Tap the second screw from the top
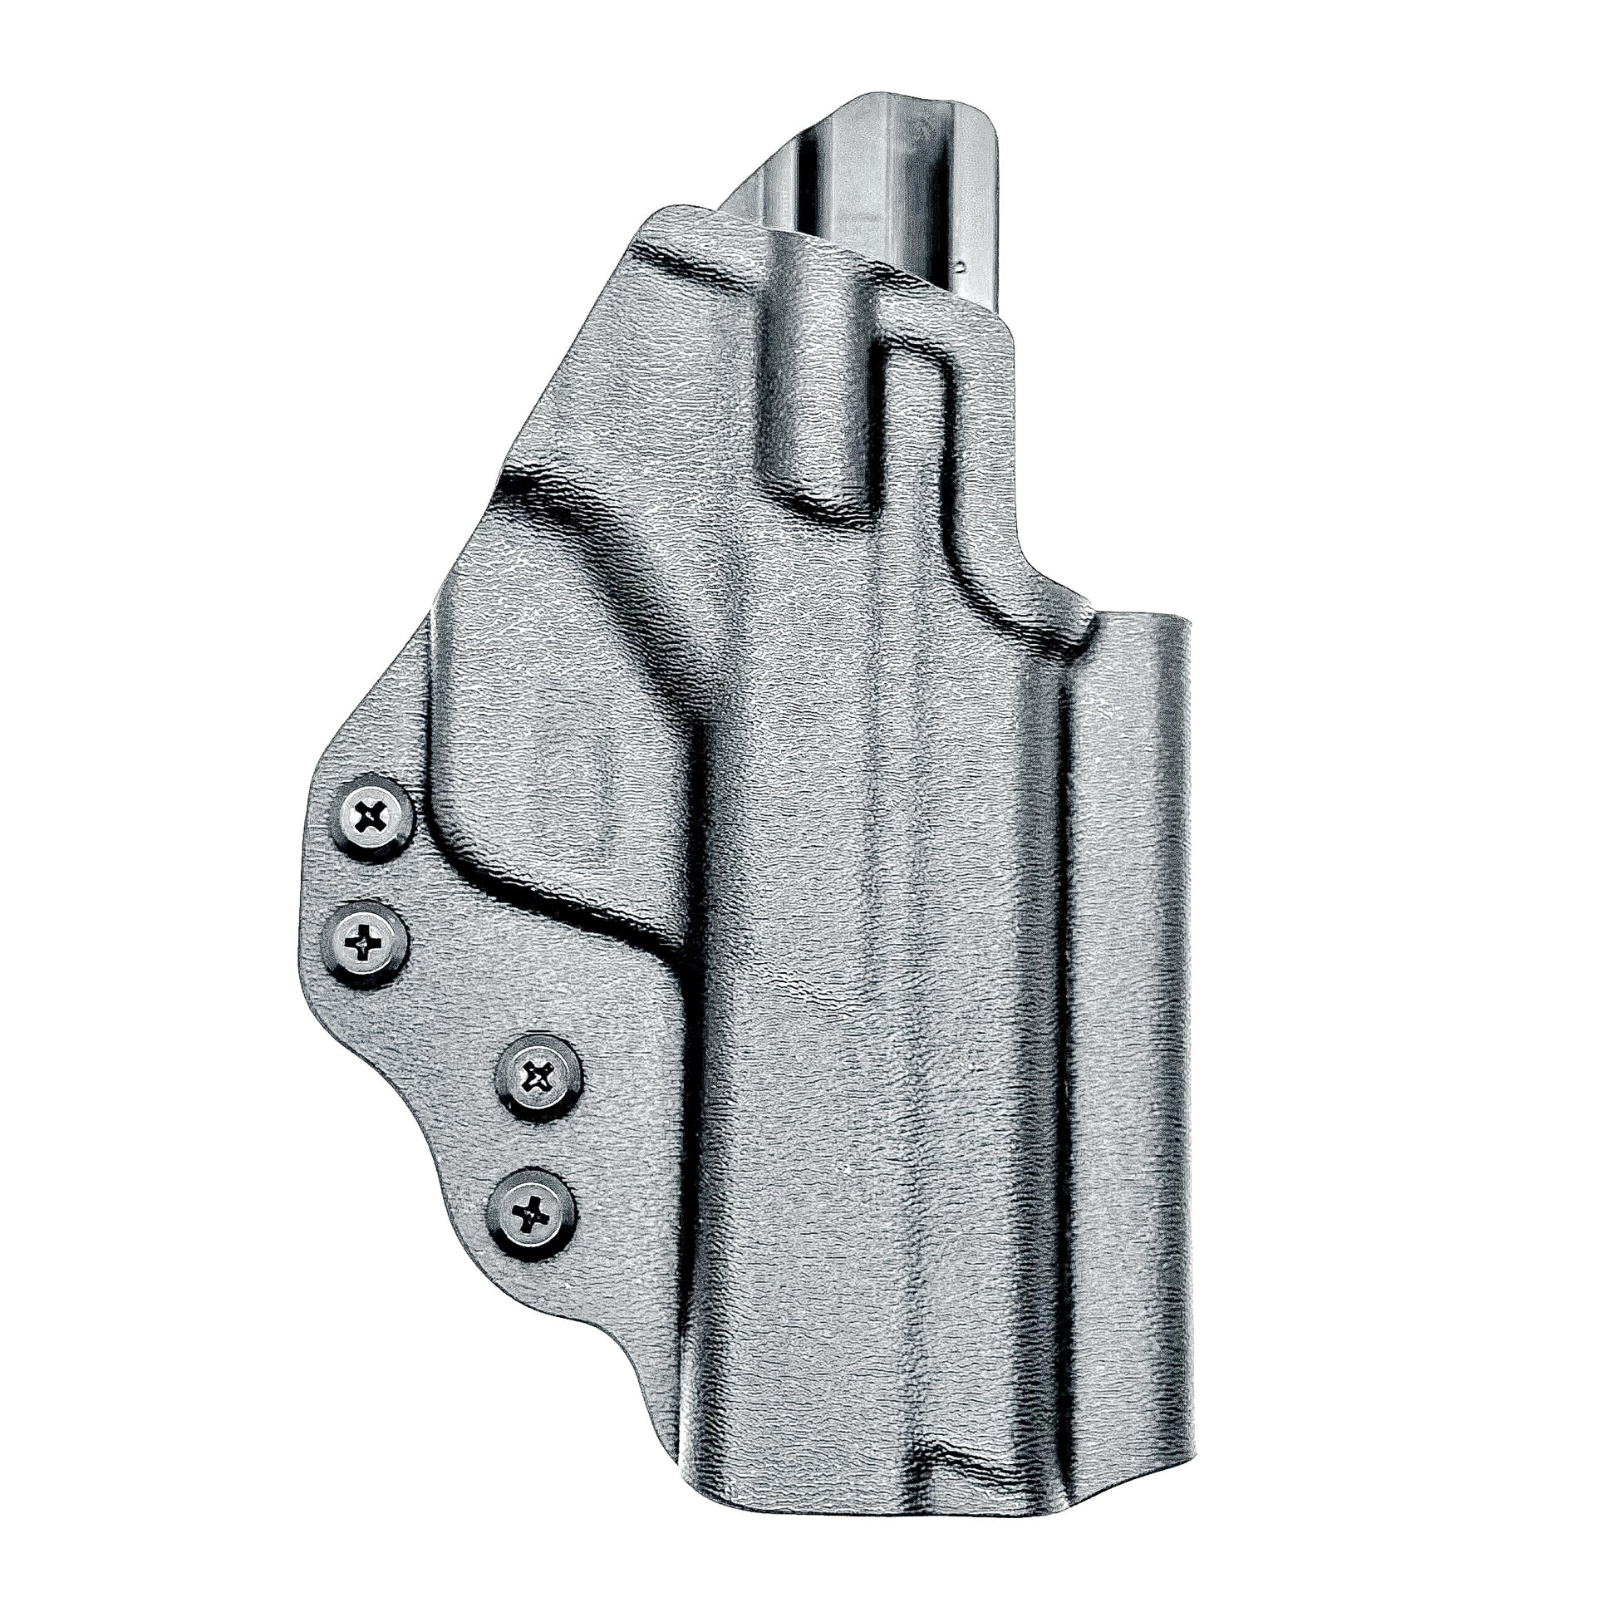tap(366, 945)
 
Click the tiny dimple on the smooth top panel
tap(960, 266)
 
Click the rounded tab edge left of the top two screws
tap(322, 879)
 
